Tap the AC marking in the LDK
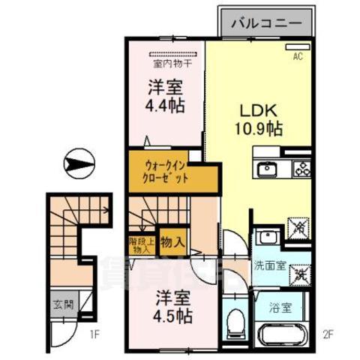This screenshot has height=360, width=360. click(297, 56)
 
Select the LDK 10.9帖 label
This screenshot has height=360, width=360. click(260, 119)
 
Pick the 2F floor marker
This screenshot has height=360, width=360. click(328, 334)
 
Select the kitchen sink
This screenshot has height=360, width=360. click(268, 169)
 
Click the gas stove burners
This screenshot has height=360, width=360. click(303, 169)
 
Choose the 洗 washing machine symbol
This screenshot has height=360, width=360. click(301, 274)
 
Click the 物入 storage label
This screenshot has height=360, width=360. click(172, 243)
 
